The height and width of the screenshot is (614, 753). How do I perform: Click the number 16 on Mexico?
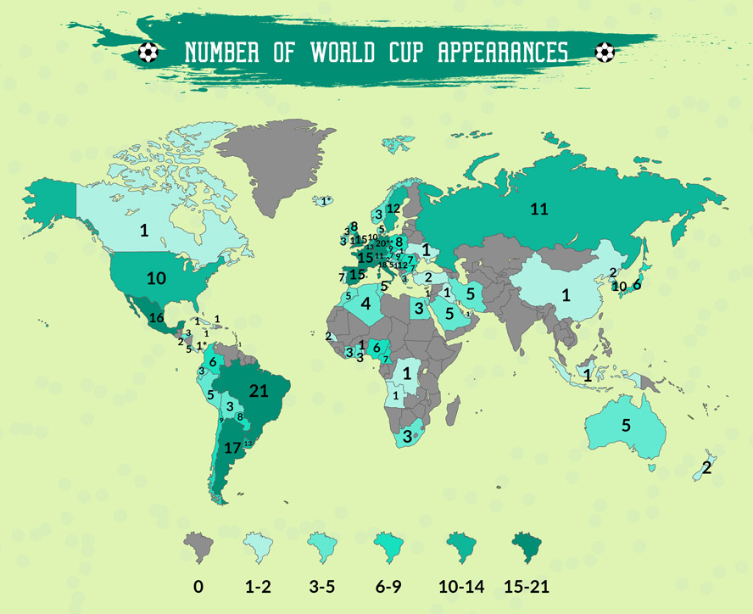[x=156, y=318]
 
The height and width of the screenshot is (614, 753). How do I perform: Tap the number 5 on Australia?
[x=627, y=426]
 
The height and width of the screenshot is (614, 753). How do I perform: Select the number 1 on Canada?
[x=144, y=230]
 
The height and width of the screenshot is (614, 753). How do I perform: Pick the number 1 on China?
[x=563, y=295]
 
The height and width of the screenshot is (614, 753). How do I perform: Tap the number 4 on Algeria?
[x=365, y=303]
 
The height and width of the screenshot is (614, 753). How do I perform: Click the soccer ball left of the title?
[x=148, y=53]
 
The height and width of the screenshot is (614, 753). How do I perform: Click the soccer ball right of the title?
[x=605, y=53]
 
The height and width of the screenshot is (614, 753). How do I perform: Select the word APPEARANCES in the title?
[x=503, y=53]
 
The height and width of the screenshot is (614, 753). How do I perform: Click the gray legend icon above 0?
[x=198, y=548]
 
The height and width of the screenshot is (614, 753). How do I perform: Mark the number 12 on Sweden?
[x=393, y=209]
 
